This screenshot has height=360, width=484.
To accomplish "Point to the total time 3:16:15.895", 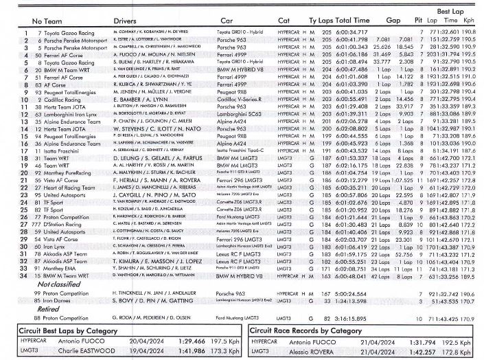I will [x=353, y=319].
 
